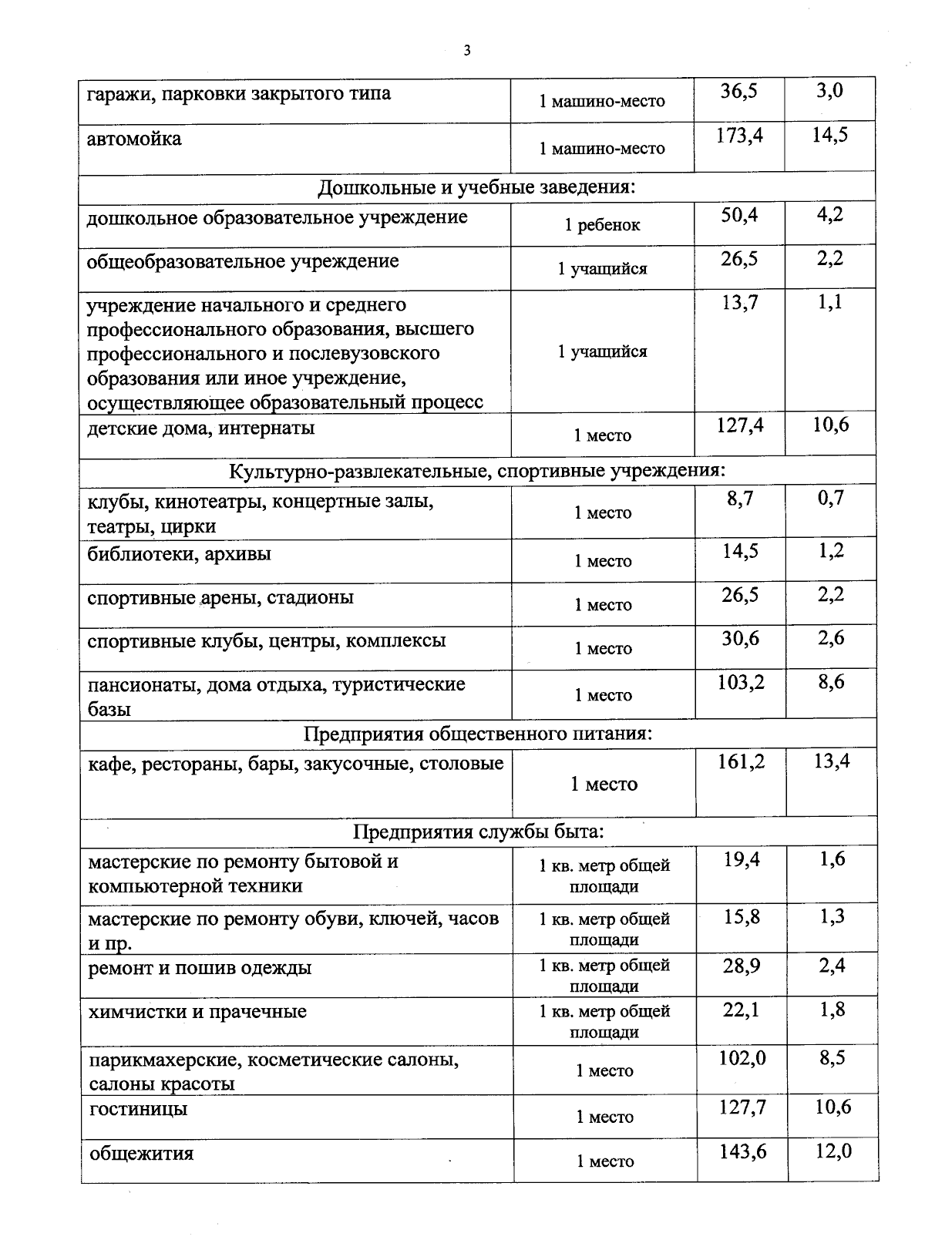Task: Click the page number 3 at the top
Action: pos(466,51)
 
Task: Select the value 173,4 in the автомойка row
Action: pos(739,136)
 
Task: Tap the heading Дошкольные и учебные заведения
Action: pos(476,187)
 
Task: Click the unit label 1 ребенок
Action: pos(602,225)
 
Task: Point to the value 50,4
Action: pos(739,215)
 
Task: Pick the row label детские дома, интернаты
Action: pos(201,428)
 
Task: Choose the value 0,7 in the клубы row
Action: pos(831,499)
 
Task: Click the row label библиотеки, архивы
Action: pos(179,554)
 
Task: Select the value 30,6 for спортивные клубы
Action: pos(740,638)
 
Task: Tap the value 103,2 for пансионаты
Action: pos(741,682)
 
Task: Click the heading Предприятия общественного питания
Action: pos(478,734)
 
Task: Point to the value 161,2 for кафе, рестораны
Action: pos(741,762)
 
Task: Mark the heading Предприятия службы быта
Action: pos(478,832)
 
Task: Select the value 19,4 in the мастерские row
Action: pos(742,859)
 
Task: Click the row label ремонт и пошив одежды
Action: pos(200,968)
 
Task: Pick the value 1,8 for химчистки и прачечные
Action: pos(832,1010)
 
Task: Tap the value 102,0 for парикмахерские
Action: pos(742,1058)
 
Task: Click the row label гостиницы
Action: pos(138,1110)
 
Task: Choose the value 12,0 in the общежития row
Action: pos(833,1151)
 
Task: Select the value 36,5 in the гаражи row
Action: pos(739,91)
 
